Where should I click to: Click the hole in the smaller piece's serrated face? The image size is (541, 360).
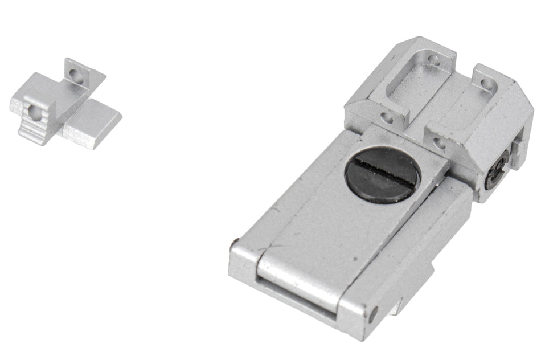coord(35,112)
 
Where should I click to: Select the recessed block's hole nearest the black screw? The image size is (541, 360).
coord(387,118)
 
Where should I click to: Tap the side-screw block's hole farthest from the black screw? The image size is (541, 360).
coord(486,84)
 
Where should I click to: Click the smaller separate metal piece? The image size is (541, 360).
coord(65,105)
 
